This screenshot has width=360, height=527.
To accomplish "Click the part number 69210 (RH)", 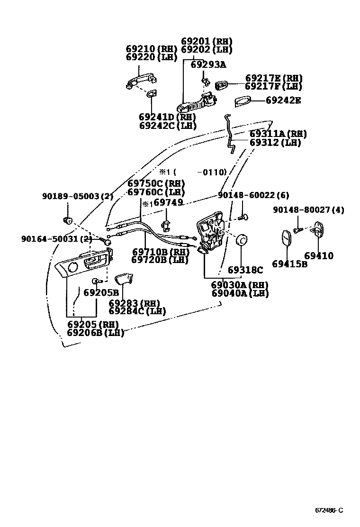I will [151, 49].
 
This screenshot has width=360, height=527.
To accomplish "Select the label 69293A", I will [208, 65].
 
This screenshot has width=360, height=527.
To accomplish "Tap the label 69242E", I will [283, 100].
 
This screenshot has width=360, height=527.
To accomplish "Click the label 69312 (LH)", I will [275, 142].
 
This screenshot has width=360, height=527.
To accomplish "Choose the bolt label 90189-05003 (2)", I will [78, 196].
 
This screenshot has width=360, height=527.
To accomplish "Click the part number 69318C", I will [245, 270].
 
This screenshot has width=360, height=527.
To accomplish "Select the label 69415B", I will [289, 264].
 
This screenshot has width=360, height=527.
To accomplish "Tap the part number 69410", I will [318, 256].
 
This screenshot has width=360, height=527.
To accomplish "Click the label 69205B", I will [101, 292].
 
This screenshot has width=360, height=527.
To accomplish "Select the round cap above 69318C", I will [241, 241].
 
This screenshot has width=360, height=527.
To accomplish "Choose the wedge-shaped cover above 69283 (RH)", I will [126, 279].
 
